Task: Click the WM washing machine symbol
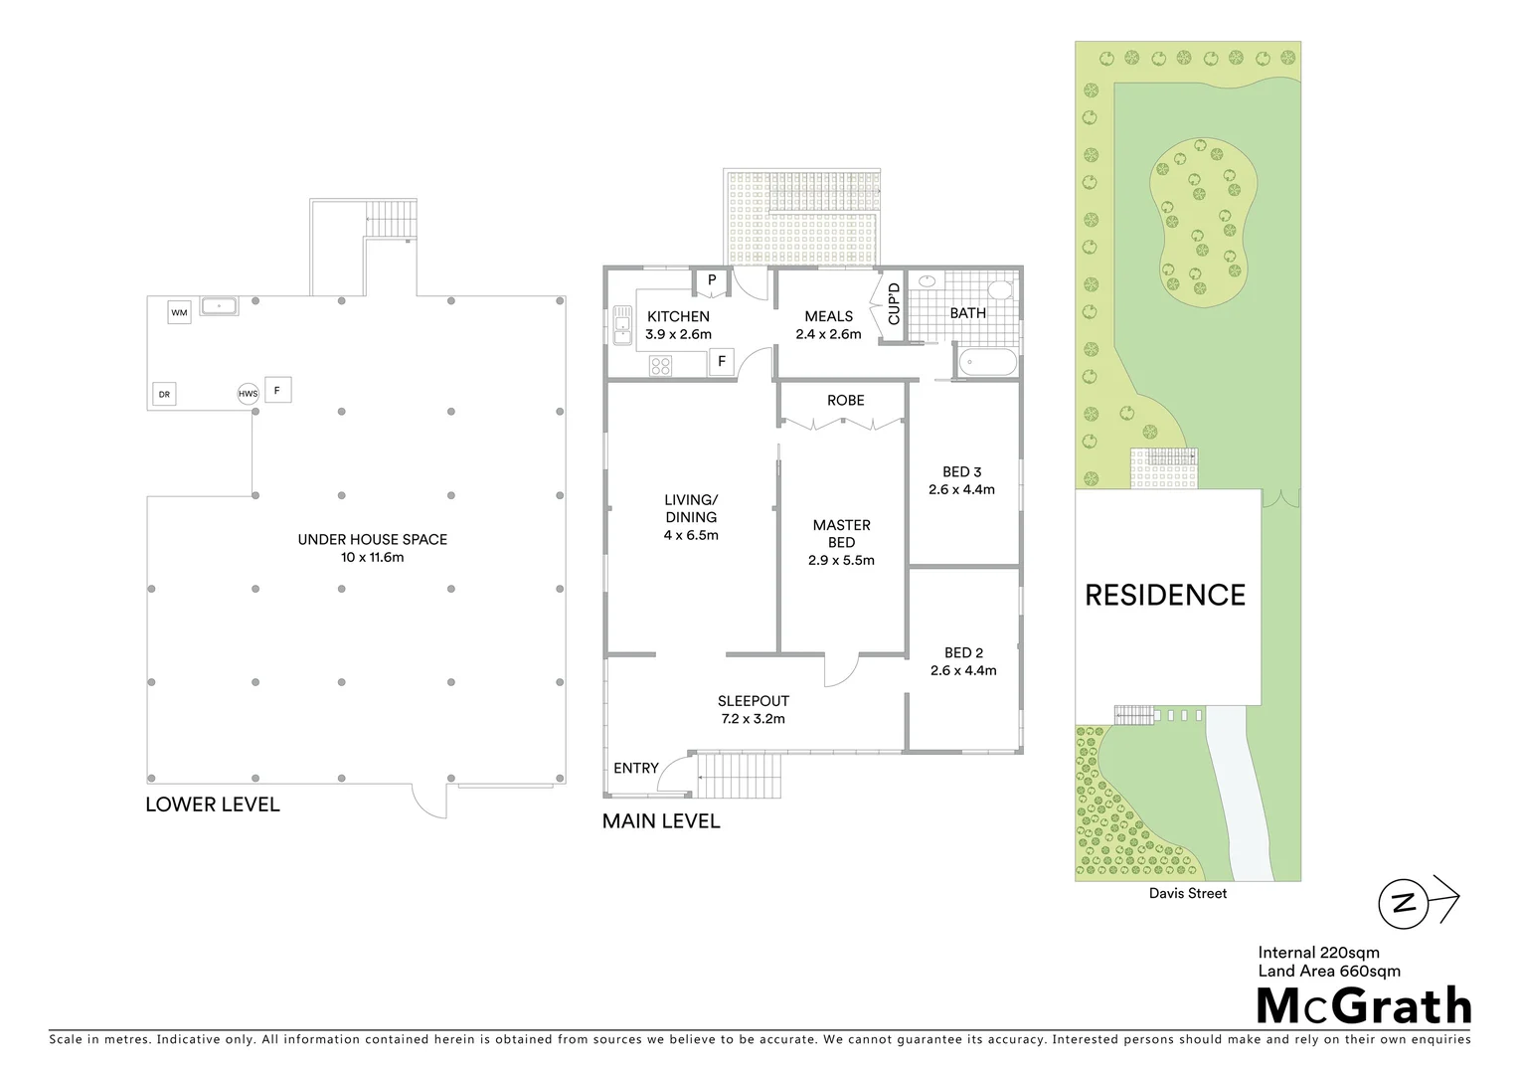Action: pyautogui.click(x=179, y=313)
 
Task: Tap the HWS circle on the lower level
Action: pyautogui.click(x=248, y=394)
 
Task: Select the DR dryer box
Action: pyautogui.click(x=164, y=395)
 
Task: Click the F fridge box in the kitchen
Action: pyautogui.click(x=722, y=362)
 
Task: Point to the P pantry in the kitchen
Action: pyautogui.click(x=712, y=281)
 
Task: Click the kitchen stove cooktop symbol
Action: pyautogui.click(x=661, y=366)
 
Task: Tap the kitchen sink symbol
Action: pyautogui.click(x=623, y=325)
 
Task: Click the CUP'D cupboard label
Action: pyautogui.click(x=893, y=304)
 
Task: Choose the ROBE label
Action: pyautogui.click(x=845, y=400)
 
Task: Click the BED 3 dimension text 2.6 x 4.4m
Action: pyautogui.click(x=961, y=489)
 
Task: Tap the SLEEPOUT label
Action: pyautogui.click(x=753, y=701)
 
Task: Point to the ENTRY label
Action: pyautogui.click(x=636, y=768)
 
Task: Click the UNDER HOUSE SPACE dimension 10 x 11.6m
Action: pyautogui.click(x=372, y=557)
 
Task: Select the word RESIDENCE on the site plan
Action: pyautogui.click(x=1164, y=596)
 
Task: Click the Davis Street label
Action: pyautogui.click(x=1187, y=893)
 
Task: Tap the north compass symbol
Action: pyautogui.click(x=1405, y=903)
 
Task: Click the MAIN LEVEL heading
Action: pyautogui.click(x=661, y=821)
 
